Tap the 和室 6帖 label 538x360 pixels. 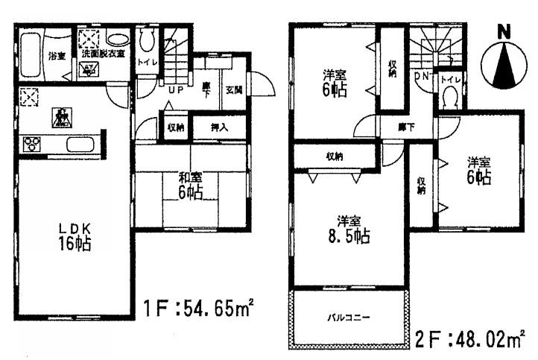click(191, 185)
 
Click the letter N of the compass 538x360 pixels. click(504, 31)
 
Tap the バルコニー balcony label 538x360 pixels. click(349, 318)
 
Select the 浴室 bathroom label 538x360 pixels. click(57, 57)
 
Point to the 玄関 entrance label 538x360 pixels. click(233, 90)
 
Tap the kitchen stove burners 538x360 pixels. click(34, 143)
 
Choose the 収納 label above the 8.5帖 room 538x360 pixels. click(335, 157)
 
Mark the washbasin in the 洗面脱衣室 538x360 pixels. click(117, 40)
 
